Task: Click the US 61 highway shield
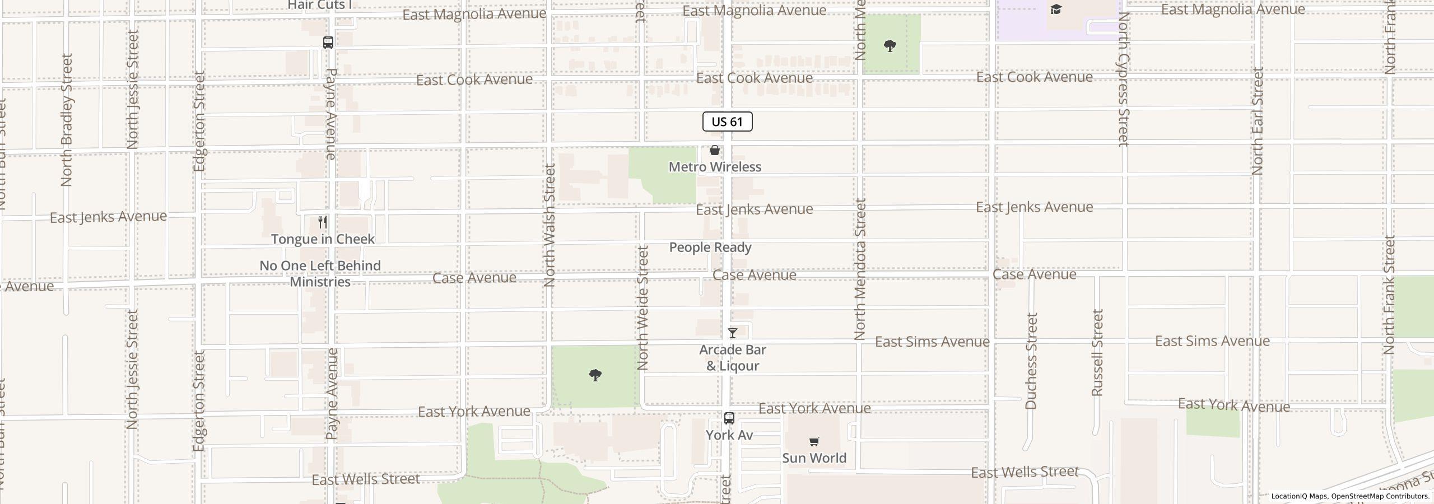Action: [x=727, y=122]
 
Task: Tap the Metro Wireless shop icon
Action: [x=715, y=150]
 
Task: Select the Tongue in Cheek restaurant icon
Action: [x=323, y=222]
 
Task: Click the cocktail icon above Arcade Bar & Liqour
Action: [x=732, y=333]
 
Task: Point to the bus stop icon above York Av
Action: [x=729, y=418]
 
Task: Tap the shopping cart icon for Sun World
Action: [x=814, y=442]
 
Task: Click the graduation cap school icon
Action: [x=1056, y=10]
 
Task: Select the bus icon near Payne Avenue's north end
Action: [x=328, y=43]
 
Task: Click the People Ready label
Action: [x=710, y=248]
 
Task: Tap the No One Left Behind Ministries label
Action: [x=320, y=273]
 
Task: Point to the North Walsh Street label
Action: [x=550, y=225]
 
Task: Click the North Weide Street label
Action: [x=642, y=308]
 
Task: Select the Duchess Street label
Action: [x=1031, y=361]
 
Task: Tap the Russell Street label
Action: [x=1097, y=353]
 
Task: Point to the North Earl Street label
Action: [x=1258, y=121]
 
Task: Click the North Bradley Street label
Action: [x=67, y=120]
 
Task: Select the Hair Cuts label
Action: [x=319, y=6]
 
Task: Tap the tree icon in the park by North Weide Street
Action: [x=595, y=375]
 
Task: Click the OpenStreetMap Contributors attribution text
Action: [x=1380, y=496]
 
